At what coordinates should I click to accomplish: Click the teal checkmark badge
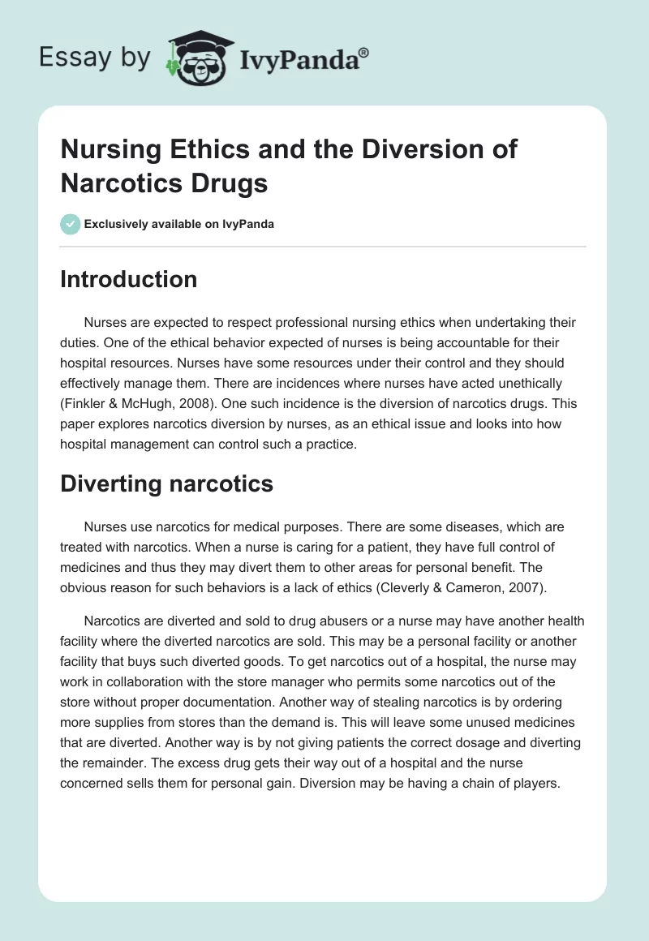click(x=71, y=224)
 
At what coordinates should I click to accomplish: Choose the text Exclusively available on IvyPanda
click(x=179, y=224)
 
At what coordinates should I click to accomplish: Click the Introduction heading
click(x=129, y=279)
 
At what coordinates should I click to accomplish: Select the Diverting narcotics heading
click(x=167, y=484)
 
